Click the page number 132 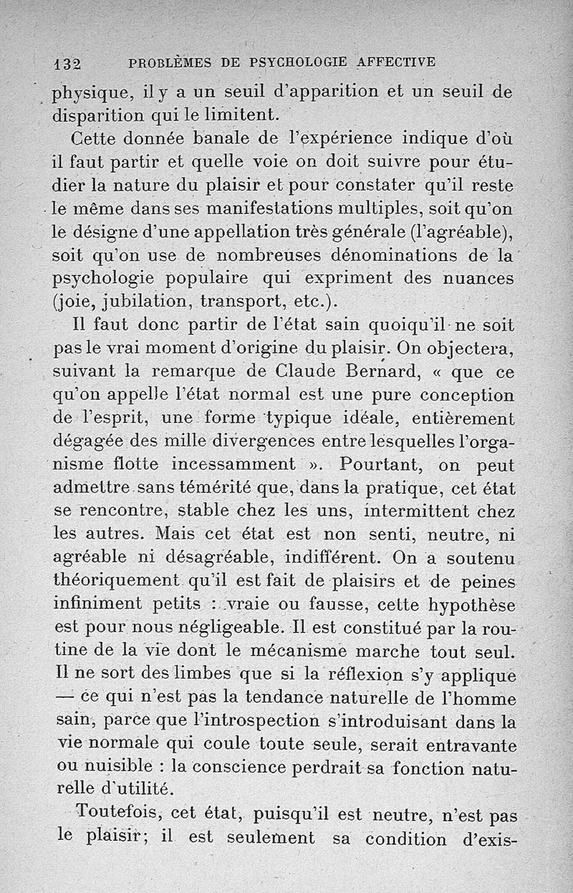[68, 63]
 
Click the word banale [214, 138]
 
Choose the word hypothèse [471, 606]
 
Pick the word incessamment [243, 466]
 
